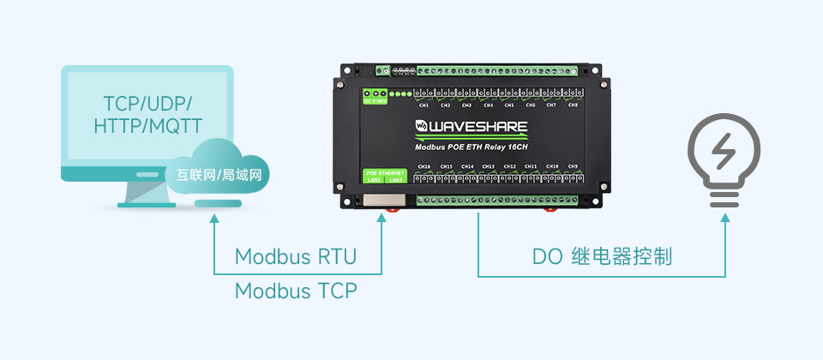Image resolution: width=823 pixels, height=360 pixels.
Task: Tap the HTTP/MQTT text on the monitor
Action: click(147, 127)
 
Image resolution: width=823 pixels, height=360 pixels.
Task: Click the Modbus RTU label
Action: click(295, 256)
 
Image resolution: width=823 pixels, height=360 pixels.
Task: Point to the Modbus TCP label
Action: click(295, 291)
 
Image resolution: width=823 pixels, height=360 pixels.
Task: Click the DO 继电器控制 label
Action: click(602, 256)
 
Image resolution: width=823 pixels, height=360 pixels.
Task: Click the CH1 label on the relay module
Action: click(424, 105)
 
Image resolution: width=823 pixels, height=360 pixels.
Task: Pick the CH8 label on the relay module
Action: click(573, 105)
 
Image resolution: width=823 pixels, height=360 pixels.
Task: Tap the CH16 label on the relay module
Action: click(424, 166)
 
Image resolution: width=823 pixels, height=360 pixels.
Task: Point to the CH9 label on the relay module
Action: click(573, 166)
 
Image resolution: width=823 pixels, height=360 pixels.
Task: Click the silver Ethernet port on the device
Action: click(378, 199)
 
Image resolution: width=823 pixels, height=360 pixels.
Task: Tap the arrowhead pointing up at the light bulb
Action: click(724, 219)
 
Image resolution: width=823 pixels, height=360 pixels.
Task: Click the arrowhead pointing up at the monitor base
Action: click(213, 219)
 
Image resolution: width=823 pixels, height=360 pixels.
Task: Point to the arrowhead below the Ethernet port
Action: click(381, 219)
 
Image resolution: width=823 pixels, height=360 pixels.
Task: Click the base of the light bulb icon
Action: click(724, 199)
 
